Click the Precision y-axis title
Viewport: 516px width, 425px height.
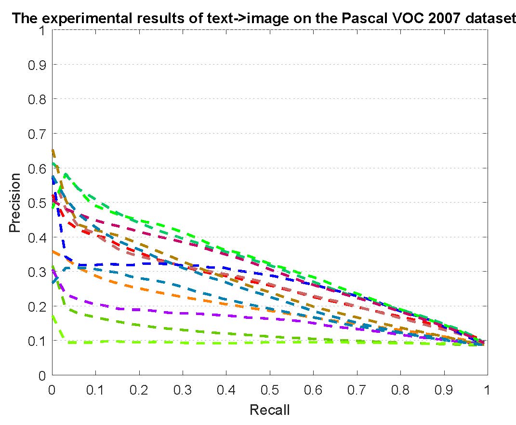coord(15,203)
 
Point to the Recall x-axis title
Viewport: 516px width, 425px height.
coord(270,410)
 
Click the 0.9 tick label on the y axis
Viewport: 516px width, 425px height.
coord(37,65)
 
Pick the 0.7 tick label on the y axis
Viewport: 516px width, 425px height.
coord(37,134)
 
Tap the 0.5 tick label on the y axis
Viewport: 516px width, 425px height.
coord(37,203)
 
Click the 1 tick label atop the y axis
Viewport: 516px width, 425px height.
coord(42,31)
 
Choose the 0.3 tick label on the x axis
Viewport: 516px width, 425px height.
coord(183,390)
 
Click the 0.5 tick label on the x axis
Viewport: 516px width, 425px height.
coord(270,390)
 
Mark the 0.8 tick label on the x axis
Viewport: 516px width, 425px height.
coord(400,390)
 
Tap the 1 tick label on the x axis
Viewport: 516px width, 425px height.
coord(487,390)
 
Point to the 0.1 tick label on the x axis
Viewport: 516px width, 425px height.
coord(95,390)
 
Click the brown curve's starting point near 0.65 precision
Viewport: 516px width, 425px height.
coord(53,151)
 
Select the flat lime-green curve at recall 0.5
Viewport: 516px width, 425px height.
coord(270,343)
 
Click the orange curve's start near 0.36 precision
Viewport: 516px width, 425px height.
coord(53,251)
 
